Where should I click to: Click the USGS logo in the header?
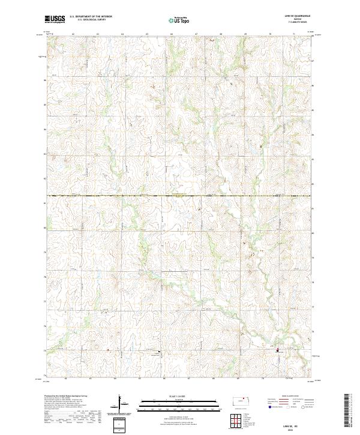pyautogui.click(x=55, y=19)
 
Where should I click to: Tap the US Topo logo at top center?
pyautogui.click(x=179, y=20)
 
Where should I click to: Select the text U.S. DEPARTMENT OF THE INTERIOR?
pyautogui.click(x=91, y=17)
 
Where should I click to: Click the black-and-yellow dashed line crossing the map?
pyautogui.click(x=180, y=196)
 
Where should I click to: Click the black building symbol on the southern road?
pyautogui.click(x=160, y=352)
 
